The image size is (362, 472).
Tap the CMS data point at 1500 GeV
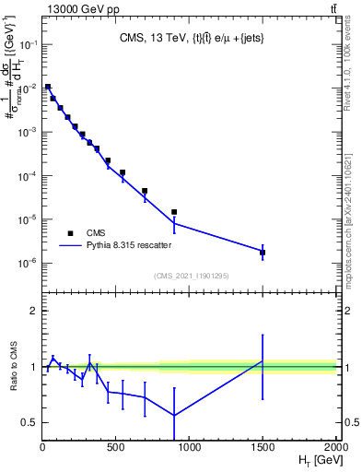click(x=263, y=253)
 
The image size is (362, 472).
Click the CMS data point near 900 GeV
click(x=174, y=212)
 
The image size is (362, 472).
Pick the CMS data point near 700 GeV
click(x=145, y=191)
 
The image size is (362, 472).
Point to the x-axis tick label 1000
click(x=189, y=448)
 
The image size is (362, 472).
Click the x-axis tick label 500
click(x=115, y=448)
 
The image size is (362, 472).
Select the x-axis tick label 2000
click(x=335, y=448)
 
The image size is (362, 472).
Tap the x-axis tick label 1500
click(x=263, y=448)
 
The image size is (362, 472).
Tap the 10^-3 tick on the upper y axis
click(x=28, y=132)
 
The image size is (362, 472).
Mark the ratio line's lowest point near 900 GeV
click(x=174, y=415)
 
